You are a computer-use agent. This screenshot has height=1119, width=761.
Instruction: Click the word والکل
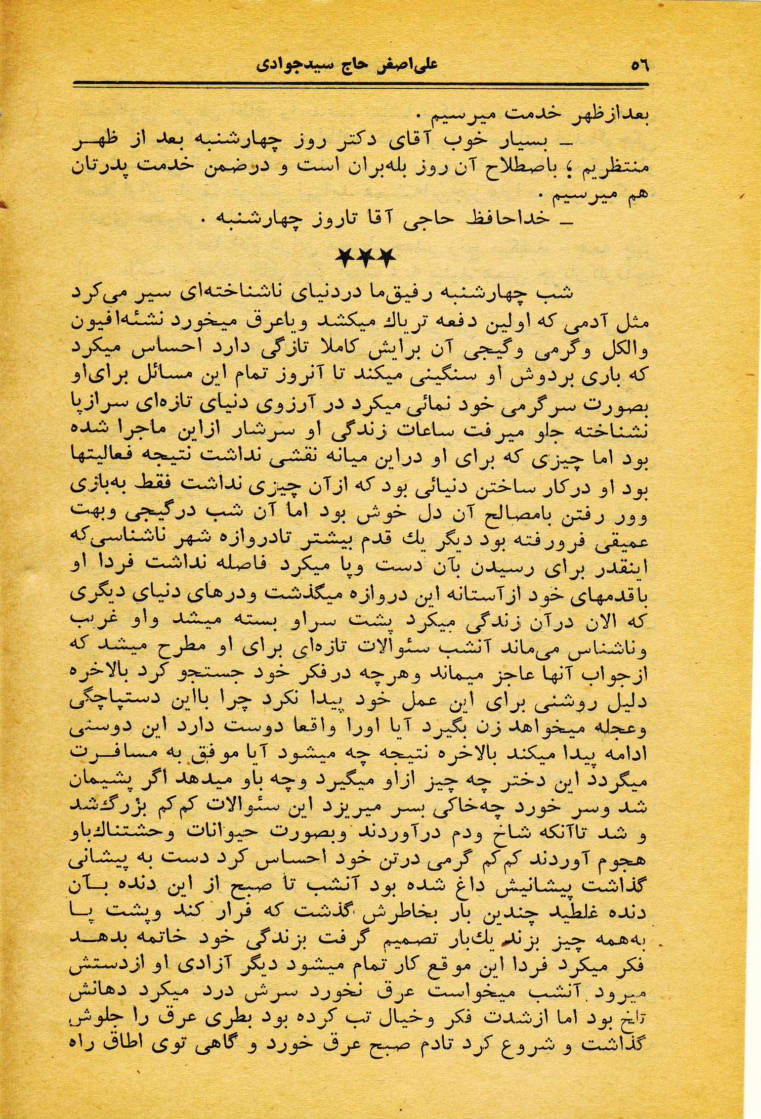(x=624, y=348)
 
